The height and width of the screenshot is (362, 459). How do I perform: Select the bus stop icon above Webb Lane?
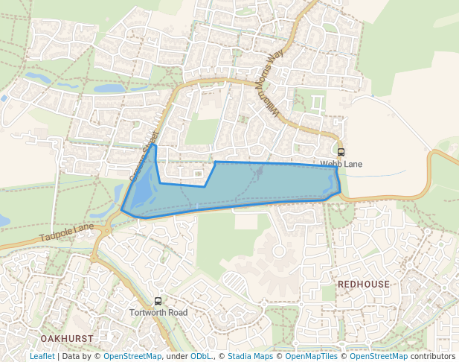point(341,152)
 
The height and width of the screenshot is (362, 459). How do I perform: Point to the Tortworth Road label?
point(158,312)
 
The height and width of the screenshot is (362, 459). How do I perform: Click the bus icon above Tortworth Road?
point(158,301)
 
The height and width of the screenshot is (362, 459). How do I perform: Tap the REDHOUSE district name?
point(363,285)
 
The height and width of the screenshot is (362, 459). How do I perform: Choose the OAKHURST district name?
point(67,338)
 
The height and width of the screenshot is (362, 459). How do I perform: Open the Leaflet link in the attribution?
point(42,356)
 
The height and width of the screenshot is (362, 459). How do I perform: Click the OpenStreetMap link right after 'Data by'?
point(132,356)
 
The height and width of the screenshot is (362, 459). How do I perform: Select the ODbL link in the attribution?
point(201,356)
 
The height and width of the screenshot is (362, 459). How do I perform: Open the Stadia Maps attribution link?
point(250,356)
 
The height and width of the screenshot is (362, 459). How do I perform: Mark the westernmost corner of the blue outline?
point(121,212)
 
